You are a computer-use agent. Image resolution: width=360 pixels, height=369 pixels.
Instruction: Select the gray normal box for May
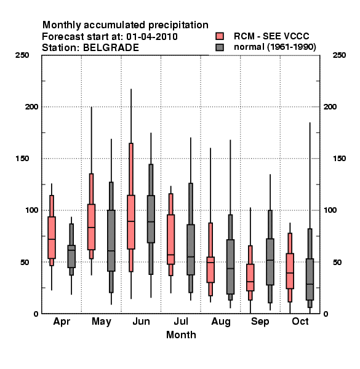[x=111, y=240]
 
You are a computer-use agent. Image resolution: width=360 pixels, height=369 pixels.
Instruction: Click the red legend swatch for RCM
[x=220, y=36]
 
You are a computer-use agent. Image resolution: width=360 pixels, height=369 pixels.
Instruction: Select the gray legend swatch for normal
[x=220, y=47]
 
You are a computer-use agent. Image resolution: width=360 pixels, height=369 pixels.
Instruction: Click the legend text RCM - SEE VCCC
[x=271, y=36]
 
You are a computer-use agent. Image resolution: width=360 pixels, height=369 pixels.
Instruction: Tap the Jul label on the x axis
[x=181, y=322]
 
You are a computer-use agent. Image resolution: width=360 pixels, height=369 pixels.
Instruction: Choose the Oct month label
[x=300, y=322]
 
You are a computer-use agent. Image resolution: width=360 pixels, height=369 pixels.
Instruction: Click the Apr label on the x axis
[x=62, y=322]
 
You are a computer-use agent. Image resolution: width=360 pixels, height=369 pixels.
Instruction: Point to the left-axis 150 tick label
[x=22, y=159]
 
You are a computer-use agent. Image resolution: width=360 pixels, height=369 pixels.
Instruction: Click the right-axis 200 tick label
[x=330, y=107]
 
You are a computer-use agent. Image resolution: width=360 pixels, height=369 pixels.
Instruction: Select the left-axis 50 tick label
[x=25, y=262]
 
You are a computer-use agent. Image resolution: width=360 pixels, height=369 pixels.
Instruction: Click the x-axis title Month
[x=181, y=335]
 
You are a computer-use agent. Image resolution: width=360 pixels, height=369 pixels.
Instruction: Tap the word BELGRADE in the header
[x=111, y=48]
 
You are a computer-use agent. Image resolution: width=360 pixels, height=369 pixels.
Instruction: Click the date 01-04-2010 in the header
[x=152, y=37]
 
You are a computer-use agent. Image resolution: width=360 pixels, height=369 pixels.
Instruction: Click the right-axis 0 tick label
[x=326, y=314]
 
